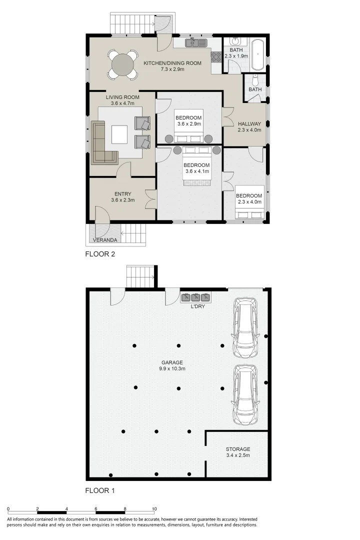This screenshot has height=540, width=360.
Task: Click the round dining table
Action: click(123, 64)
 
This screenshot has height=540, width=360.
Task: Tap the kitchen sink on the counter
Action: click(195, 43)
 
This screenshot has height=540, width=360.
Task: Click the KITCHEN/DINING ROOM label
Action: click(172, 63)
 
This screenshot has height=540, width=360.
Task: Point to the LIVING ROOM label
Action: click(122, 97)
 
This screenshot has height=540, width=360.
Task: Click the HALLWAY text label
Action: click(249, 123)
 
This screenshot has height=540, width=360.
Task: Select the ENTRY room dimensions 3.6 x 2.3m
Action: click(123, 200)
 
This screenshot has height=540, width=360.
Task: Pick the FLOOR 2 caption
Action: click(100, 254)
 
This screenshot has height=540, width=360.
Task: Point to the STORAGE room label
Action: click(237, 449)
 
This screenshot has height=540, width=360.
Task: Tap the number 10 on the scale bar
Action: click(154, 509)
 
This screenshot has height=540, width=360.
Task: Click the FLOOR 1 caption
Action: click(100, 490)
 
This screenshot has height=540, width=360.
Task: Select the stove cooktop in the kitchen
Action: click(216, 56)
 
